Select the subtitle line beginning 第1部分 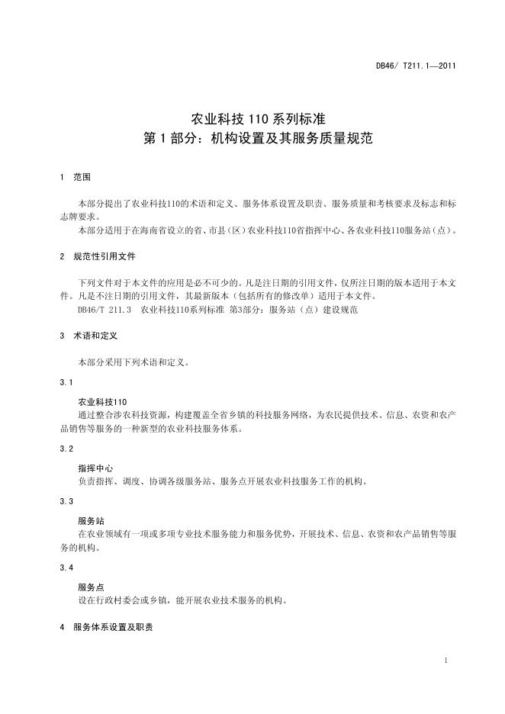[252, 140]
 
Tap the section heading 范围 [82, 177]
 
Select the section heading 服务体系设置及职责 [113, 627]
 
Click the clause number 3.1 [66, 381]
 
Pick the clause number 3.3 [66, 501]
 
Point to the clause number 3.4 [66, 568]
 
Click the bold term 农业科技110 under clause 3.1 [103, 401]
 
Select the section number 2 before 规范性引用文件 [61, 257]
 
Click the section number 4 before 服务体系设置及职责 [61, 627]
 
